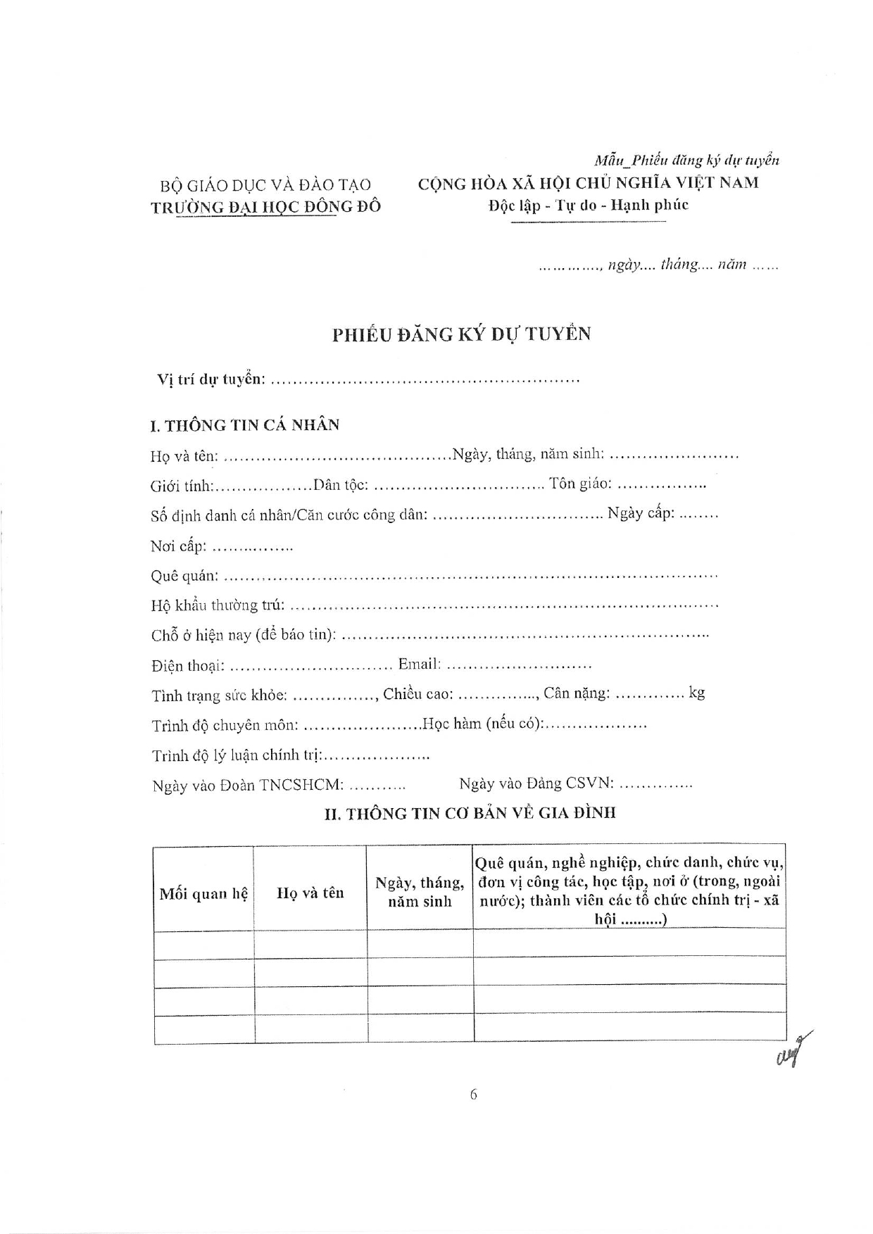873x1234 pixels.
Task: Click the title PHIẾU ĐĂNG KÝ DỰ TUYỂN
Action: (x=461, y=334)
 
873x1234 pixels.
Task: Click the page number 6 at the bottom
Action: (x=473, y=1094)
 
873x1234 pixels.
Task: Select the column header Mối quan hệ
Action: (x=203, y=893)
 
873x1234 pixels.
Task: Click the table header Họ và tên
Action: (x=310, y=893)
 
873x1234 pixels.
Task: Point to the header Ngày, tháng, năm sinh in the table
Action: (x=420, y=892)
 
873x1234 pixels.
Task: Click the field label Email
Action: (x=419, y=664)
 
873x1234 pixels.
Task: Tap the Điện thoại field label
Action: (x=187, y=665)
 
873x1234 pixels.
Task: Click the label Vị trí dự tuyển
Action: (x=211, y=379)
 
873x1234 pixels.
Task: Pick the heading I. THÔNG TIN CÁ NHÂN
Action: (x=244, y=425)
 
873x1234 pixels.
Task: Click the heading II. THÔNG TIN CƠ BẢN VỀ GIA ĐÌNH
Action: (x=470, y=813)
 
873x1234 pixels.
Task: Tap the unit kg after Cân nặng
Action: (x=696, y=693)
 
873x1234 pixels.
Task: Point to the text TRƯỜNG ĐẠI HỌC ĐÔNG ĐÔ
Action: (x=265, y=206)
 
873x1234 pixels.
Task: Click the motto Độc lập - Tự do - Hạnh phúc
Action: (x=588, y=205)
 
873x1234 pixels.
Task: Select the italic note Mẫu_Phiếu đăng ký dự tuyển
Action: (x=686, y=160)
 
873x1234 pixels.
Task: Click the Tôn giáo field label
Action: (x=580, y=484)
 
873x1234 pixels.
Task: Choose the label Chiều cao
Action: (x=417, y=694)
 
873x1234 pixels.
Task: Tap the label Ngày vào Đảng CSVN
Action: (x=536, y=783)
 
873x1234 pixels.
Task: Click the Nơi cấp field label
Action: (x=177, y=546)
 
